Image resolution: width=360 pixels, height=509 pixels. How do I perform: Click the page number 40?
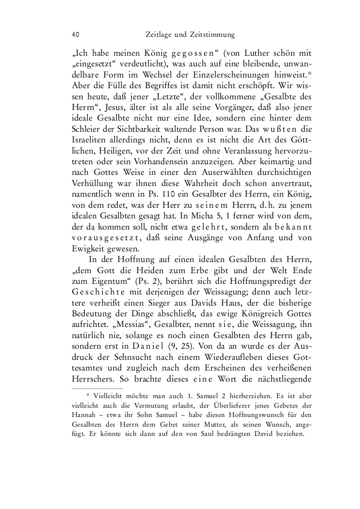click(x=75, y=35)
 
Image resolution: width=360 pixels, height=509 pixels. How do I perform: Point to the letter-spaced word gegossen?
click(x=164, y=52)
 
